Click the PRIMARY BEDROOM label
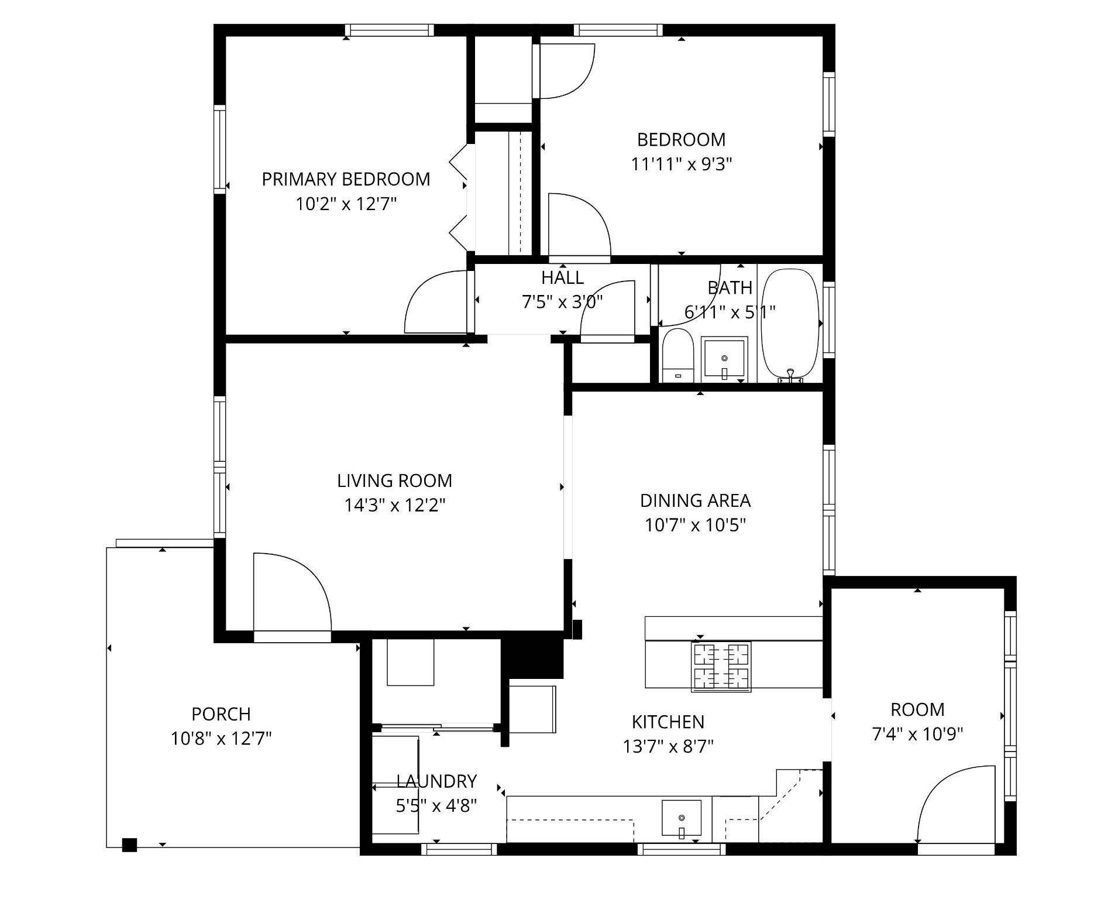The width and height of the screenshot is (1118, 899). click(346, 179)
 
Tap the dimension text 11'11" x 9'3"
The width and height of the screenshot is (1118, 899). click(681, 164)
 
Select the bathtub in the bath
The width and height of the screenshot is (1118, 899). click(789, 324)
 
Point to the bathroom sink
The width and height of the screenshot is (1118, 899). click(724, 358)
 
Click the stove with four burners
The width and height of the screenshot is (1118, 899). click(721, 667)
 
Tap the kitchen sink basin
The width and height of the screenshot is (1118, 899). click(681, 818)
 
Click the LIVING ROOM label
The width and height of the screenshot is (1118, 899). click(394, 481)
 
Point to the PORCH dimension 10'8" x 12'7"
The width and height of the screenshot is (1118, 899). click(221, 739)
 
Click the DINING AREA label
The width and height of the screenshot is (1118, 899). click(695, 501)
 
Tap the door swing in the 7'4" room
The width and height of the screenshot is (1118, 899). click(956, 805)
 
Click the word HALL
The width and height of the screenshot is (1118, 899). click(562, 277)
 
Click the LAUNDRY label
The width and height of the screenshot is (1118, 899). click(436, 781)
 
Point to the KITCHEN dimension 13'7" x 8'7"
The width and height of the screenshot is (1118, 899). click(668, 747)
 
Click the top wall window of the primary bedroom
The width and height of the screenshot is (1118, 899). click(389, 30)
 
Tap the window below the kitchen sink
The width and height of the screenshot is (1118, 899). click(681, 849)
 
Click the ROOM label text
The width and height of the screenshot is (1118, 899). click(917, 710)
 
